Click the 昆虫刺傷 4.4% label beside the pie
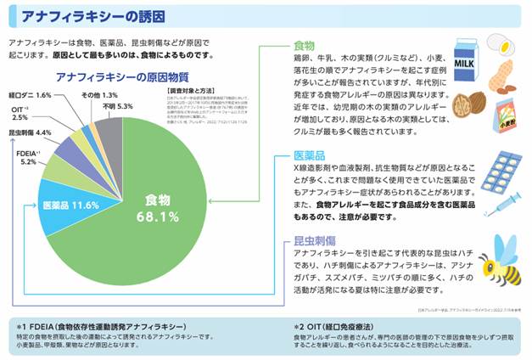coord(31,132)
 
